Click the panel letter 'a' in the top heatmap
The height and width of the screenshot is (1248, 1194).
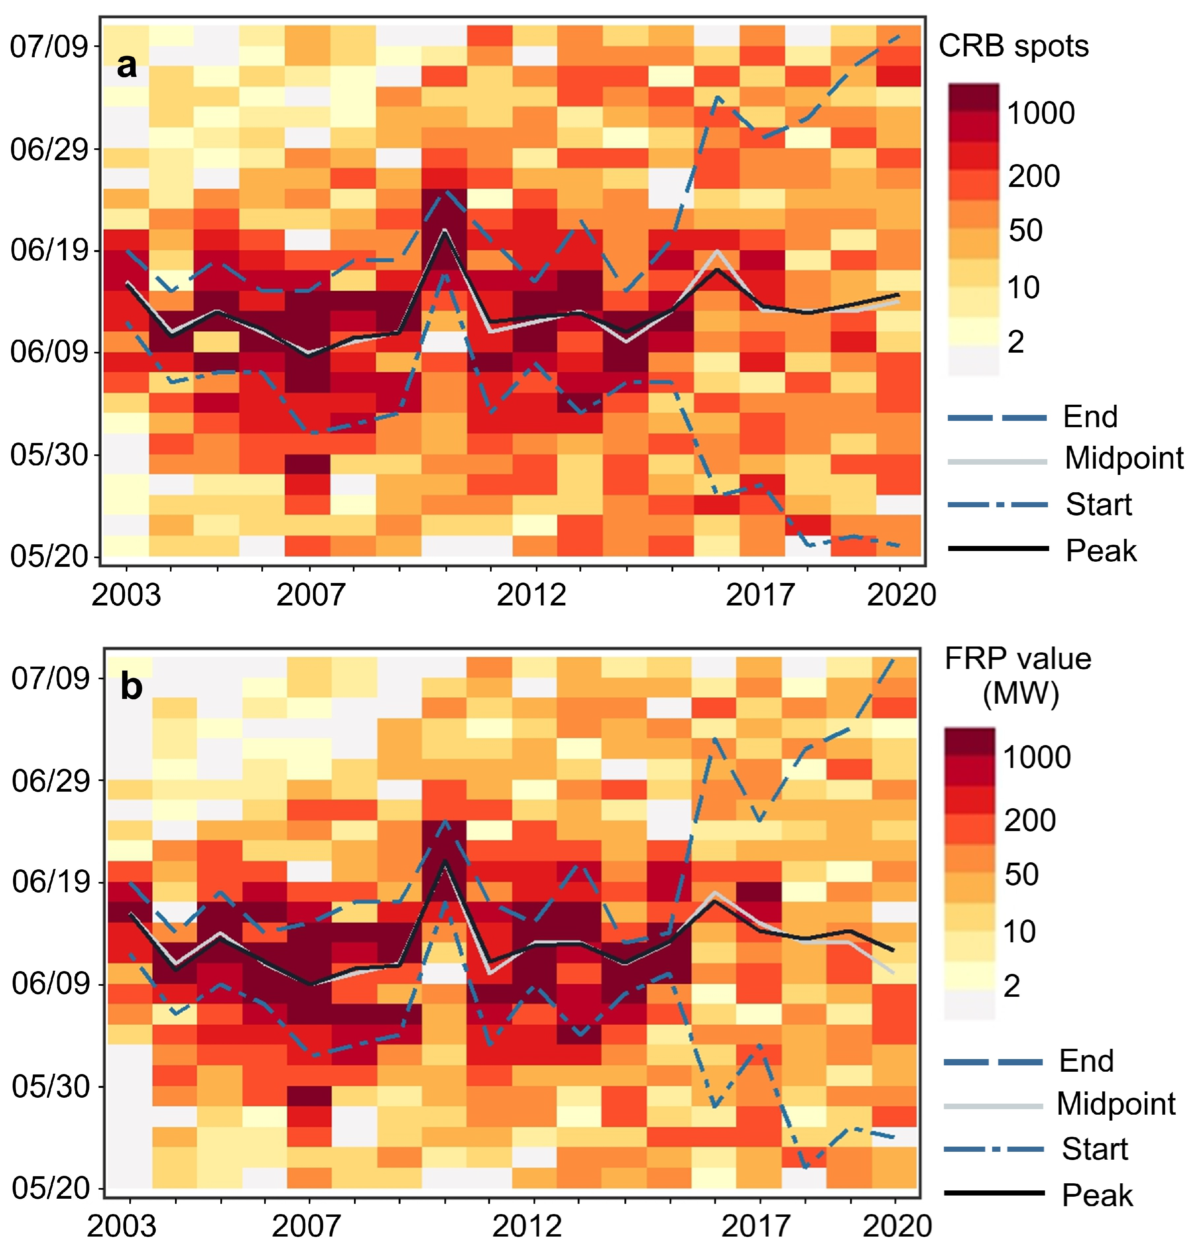click(x=127, y=65)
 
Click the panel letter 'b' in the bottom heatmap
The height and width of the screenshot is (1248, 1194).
click(x=131, y=688)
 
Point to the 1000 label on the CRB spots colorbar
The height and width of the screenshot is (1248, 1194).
click(x=1041, y=113)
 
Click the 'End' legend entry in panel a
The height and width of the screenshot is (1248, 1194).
click(x=1090, y=417)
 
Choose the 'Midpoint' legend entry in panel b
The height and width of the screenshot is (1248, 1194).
click(x=1116, y=1104)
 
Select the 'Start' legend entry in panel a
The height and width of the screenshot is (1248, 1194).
click(x=1099, y=504)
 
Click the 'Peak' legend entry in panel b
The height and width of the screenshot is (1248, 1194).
click(x=1097, y=1195)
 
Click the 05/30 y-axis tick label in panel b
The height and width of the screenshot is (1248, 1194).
click(x=50, y=1086)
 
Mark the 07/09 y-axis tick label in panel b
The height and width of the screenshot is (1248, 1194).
click(x=50, y=678)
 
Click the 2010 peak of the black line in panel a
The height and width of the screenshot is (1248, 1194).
click(x=445, y=230)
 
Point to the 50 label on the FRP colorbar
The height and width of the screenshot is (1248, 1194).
click(x=1021, y=874)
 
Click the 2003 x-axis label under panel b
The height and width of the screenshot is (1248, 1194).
click(x=121, y=1226)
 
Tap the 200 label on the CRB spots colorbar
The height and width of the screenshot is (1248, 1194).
click(x=1034, y=176)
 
